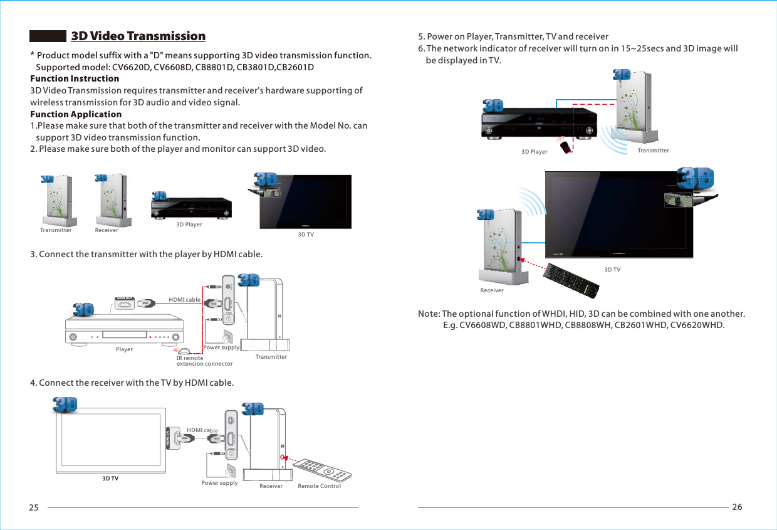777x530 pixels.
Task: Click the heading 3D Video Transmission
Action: tap(138, 36)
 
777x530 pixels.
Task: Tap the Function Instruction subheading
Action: tap(75, 78)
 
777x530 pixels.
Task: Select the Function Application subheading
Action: tap(76, 114)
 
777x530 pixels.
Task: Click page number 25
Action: tap(34, 507)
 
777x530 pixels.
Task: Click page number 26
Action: tap(737, 507)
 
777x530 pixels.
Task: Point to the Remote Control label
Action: tap(319, 486)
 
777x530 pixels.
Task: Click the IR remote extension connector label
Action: tap(204, 361)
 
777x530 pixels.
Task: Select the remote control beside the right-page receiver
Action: tap(571, 280)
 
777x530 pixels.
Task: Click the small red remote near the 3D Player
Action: tap(566, 147)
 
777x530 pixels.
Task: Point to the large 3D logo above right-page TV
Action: tap(696, 178)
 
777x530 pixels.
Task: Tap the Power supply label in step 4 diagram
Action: tap(219, 483)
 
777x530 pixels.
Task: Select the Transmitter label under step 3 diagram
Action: tap(271, 357)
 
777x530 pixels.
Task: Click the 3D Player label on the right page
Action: tap(534, 152)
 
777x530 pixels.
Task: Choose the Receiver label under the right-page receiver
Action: tap(492, 290)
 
